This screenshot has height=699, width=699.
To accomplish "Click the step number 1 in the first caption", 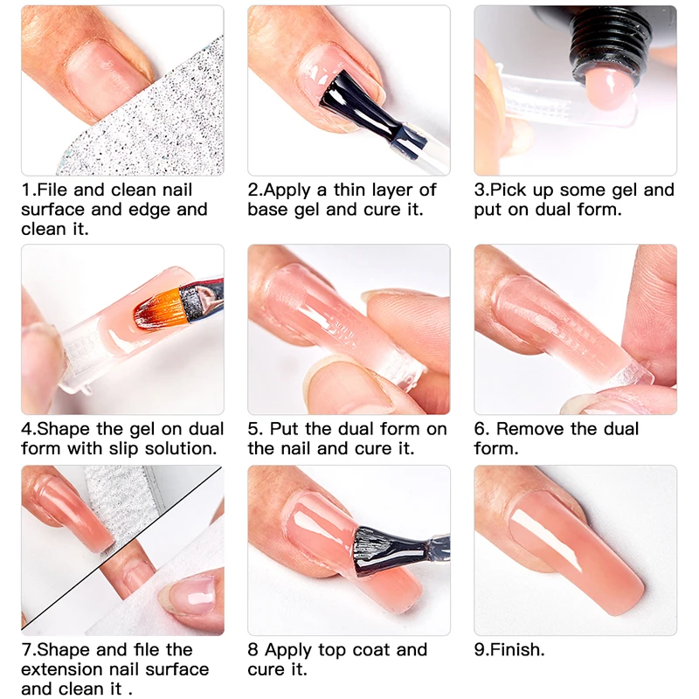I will pos(25,190).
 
